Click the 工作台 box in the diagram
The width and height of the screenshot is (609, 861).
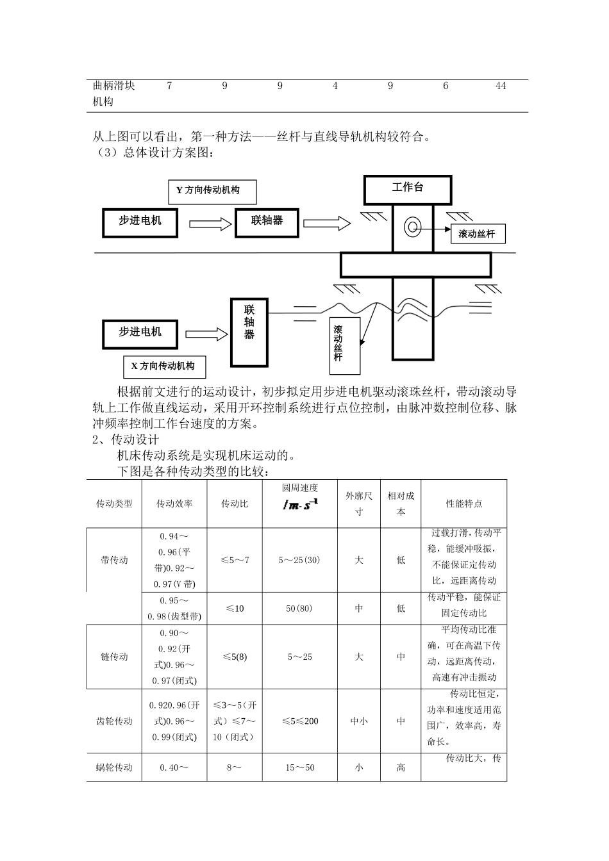(x=408, y=188)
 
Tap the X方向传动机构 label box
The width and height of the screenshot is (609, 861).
(x=163, y=366)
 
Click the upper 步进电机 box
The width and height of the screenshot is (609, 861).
(x=140, y=221)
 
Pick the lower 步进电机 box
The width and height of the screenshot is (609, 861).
(x=140, y=332)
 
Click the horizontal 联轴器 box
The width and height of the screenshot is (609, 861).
(x=267, y=220)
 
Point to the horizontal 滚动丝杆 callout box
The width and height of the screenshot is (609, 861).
(x=477, y=234)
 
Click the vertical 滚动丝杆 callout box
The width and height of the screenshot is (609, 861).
(x=338, y=346)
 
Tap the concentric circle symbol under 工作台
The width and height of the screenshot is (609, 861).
(x=410, y=225)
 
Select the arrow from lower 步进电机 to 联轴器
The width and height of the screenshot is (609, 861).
(x=206, y=334)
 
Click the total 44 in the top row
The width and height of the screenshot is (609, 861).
(x=501, y=86)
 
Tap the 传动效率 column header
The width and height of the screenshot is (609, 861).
(x=174, y=504)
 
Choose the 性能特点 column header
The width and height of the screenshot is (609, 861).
(x=464, y=504)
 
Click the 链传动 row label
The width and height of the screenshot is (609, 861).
(x=114, y=657)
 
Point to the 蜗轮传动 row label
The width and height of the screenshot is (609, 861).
(x=114, y=767)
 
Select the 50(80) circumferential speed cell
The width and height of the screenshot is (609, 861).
(x=299, y=608)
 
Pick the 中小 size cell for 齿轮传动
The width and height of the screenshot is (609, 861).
(x=358, y=721)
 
